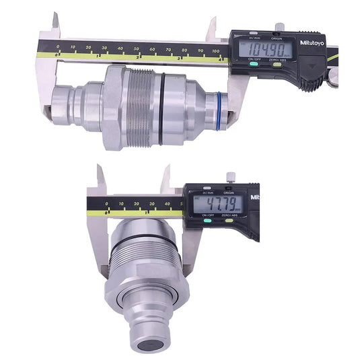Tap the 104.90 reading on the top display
[x=268, y=50]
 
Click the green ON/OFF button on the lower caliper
[x=201, y=221]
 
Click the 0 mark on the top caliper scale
[x=58, y=47]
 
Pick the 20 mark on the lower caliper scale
[x=137, y=203]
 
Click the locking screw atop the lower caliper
[x=230, y=178]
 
